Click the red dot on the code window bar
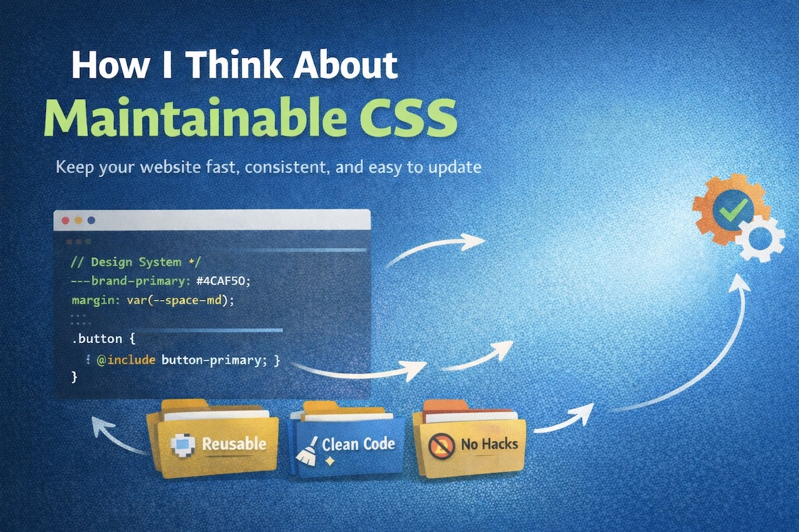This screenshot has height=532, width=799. coord(65,219)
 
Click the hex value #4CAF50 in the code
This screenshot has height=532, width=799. coord(222,281)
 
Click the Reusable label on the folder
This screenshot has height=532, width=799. coord(234,444)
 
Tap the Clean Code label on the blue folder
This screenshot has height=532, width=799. coord(358,444)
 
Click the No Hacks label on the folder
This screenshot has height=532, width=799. coord(489,444)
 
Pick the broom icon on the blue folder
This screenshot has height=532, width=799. coord(307,448)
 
